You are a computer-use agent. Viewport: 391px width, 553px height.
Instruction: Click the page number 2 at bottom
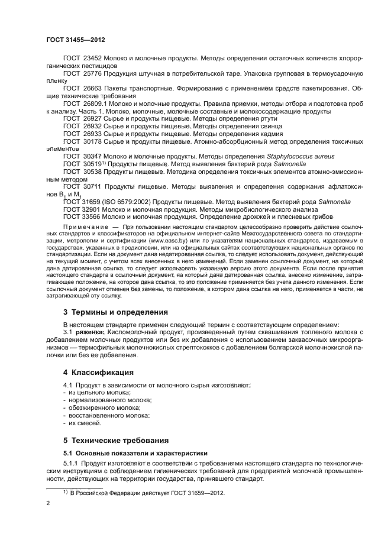pos(48,504)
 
